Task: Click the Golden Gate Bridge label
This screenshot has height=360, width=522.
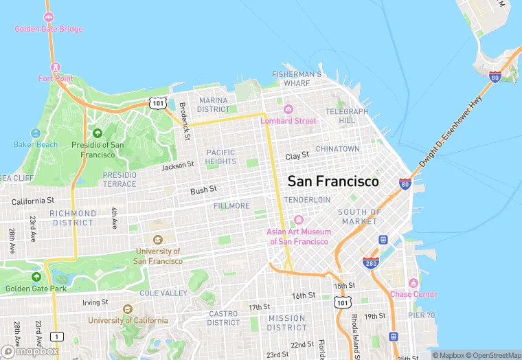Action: pyautogui.click(x=49, y=29)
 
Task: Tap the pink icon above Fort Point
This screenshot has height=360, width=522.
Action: pyautogui.click(x=56, y=67)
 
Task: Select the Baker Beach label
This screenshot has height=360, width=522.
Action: pyautogui.click(x=36, y=144)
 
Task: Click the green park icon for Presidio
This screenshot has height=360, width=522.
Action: pyautogui.click(x=98, y=133)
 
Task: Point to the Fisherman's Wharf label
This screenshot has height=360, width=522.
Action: pyautogui.click(x=297, y=78)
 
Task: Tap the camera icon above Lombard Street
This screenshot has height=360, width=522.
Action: pyautogui.click(x=288, y=109)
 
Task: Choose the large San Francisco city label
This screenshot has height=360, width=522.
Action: pyautogui.click(x=333, y=181)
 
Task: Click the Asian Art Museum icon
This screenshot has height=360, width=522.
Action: pyautogui.click(x=298, y=220)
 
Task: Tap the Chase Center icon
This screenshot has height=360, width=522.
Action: pyautogui.click(x=413, y=283)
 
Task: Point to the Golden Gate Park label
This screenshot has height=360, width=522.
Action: pyautogui.click(x=40, y=289)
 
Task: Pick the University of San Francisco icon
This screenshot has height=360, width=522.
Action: pyautogui.click(x=158, y=240)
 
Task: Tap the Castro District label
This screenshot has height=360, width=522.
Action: pyautogui.click(x=223, y=318)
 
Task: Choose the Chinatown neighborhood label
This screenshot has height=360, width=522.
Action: pyautogui.click(x=337, y=148)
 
